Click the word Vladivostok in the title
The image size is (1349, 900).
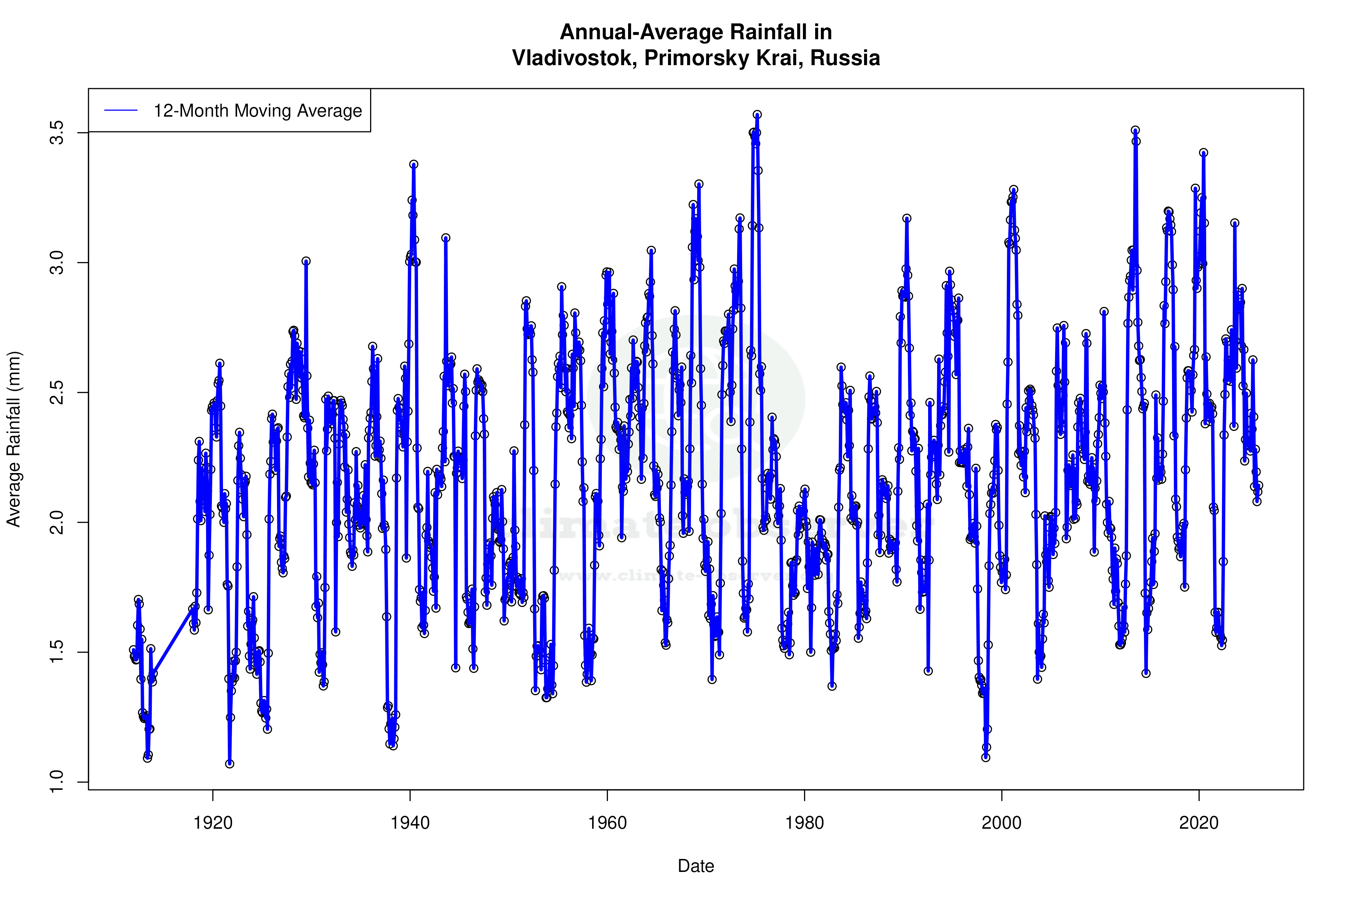click(x=573, y=58)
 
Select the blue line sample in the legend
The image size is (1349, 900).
click(x=121, y=110)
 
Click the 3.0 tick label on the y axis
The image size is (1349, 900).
click(x=57, y=262)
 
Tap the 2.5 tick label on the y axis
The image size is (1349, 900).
click(x=57, y=393)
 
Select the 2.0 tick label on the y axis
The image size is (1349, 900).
click(x=57, y=522)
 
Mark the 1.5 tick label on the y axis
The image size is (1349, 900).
click(x=57, y=652)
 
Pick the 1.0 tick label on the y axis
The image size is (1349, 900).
click(x=57, y=782)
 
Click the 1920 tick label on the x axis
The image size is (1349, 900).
click(x=213, y=823)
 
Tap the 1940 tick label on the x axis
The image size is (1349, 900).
click(x=410, y=823)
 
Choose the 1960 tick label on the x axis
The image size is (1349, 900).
click(x=607, y=823)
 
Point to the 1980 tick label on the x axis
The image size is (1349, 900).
click(x=805, y=823)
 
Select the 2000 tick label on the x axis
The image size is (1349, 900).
click(x=1002, y=823)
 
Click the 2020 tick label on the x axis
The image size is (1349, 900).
click(x=1199, y=823)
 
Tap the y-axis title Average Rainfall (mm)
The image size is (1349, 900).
click(x=14, y=439)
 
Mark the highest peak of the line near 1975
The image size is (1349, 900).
click(x=757, y=115)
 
